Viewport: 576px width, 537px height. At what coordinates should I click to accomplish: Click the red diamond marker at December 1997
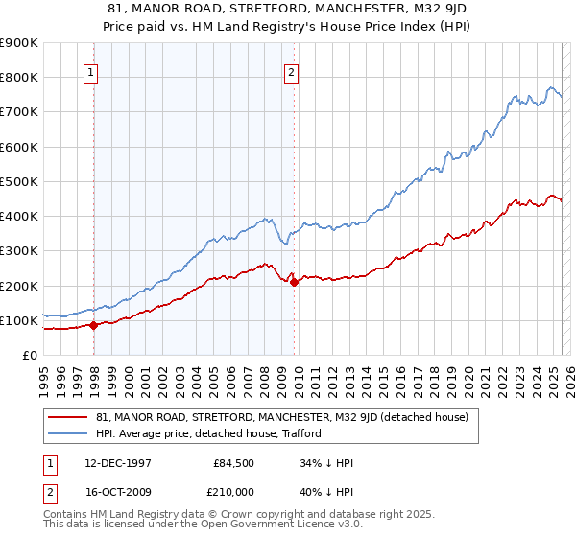click(x=94, y=325)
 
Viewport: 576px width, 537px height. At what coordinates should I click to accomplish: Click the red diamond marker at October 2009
click(x=294, y=282)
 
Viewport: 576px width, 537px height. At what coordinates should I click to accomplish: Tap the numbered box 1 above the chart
click(x=90, y=70)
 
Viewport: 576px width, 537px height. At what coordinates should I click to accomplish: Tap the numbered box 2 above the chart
click(x=290, y=70)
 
